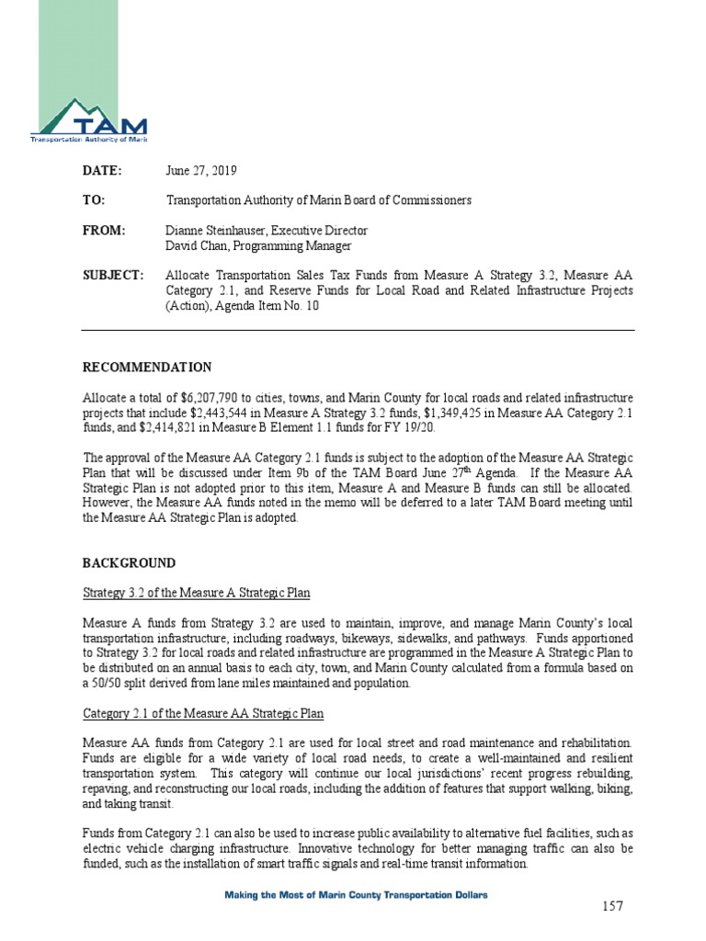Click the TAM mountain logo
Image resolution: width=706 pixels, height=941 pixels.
point(89,120)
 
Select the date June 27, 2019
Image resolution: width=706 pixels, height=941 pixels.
point(201,171)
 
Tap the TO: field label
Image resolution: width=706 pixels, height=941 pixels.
point(94,200)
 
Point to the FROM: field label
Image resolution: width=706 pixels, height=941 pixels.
point(103,230)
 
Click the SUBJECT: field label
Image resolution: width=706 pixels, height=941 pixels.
point(113,275)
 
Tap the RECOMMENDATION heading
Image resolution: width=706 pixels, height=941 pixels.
point(147,368)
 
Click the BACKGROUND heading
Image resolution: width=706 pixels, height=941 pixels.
point(129,562)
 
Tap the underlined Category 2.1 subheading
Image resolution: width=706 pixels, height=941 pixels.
point(202,713)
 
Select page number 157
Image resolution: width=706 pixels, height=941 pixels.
point(613,906)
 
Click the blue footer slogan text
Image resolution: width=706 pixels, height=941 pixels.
point(358,894)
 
